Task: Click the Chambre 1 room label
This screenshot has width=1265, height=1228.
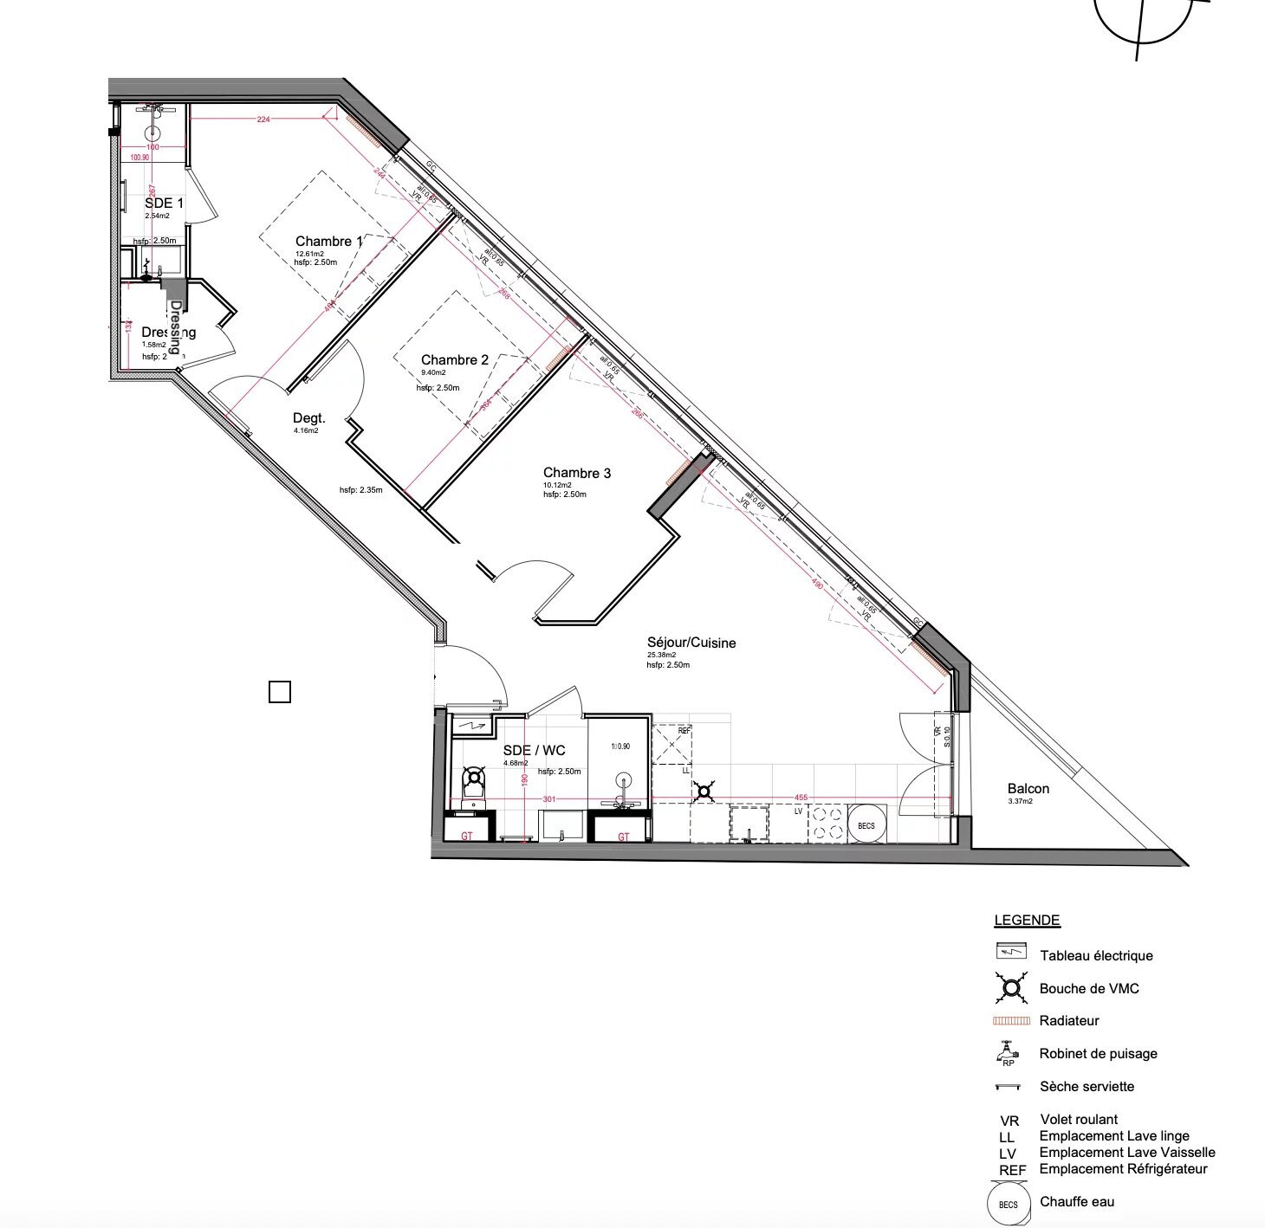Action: click(328, 242)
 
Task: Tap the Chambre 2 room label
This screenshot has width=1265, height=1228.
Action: click(454, 360)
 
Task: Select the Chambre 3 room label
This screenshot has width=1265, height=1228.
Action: click(576, 473)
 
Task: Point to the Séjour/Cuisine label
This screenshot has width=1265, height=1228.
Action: click(691, 643)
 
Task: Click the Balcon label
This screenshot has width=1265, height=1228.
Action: click(1028, 789)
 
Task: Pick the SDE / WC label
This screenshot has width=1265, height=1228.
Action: click(534, 751)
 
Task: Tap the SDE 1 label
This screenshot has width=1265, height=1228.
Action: click(164, 203)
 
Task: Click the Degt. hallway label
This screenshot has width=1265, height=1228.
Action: click(308, 418)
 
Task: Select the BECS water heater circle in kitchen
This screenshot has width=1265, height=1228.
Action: click(866, 825)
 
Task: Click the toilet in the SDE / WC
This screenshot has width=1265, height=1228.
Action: click(473, 785)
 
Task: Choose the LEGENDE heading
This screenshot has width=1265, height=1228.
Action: click(1027, 921)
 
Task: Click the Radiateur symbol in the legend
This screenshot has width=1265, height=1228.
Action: click(1011, 1021)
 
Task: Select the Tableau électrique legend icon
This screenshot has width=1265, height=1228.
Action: click(1011, 951)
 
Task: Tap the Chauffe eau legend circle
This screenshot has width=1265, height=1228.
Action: click(1009, 1205)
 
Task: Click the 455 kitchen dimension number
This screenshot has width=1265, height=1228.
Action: click(801, 798)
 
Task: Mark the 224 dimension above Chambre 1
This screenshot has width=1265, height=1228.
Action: click(263, 120)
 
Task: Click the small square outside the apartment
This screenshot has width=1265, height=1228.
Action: click(280, 692)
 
